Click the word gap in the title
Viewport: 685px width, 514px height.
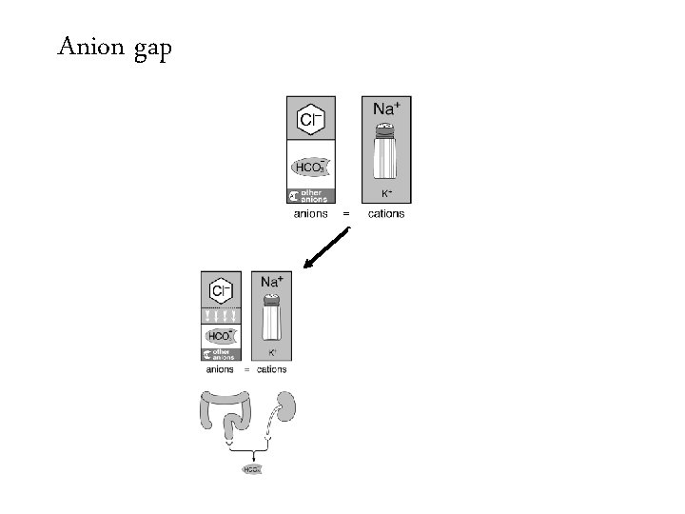[149, 49]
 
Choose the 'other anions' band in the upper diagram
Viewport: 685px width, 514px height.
[309, 196]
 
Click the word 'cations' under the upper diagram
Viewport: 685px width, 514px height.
[385, 214]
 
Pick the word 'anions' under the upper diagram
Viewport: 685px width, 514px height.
[310, 214]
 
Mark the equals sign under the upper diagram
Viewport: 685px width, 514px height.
[345, 214]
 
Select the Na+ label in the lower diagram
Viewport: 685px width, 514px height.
[271, 283]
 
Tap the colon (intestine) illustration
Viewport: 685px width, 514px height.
[229, 415]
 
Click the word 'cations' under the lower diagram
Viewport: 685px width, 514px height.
[271, 369]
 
